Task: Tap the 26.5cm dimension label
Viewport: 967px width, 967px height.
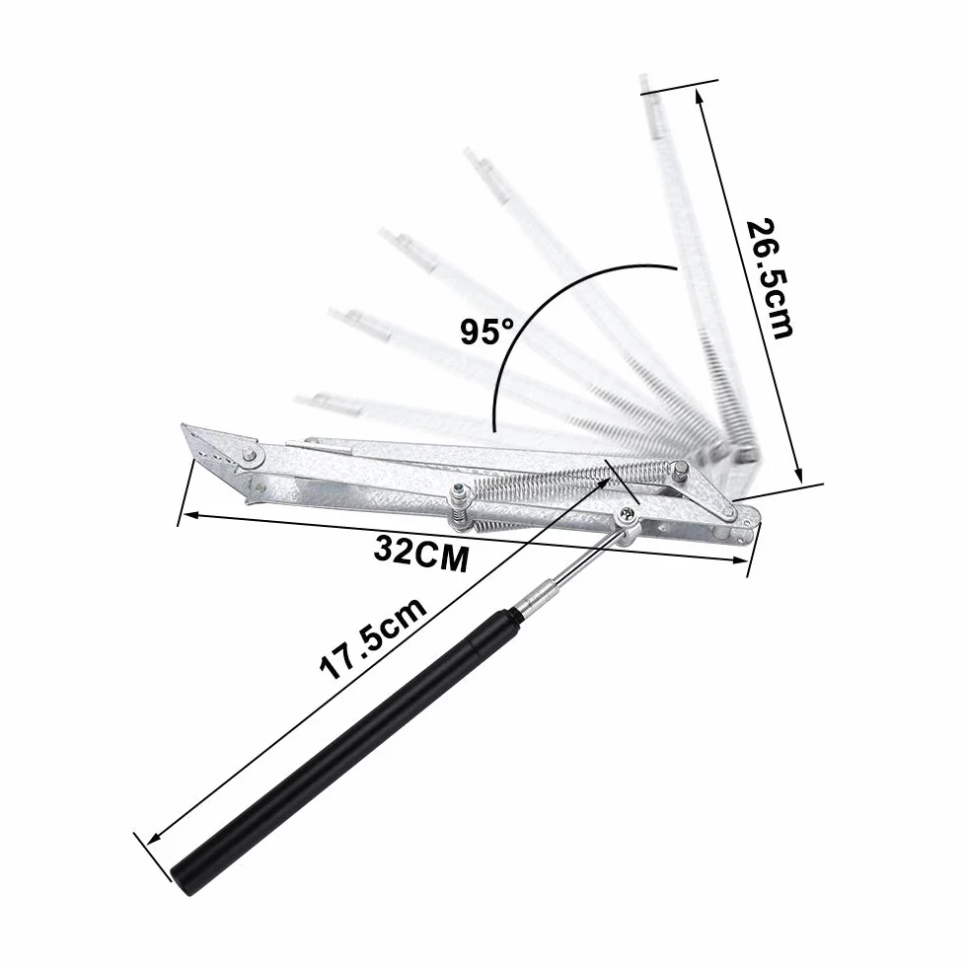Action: click(769, 278)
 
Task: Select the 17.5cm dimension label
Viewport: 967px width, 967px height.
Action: click(373, 637)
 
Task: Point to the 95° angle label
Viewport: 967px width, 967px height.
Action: click(486, 332)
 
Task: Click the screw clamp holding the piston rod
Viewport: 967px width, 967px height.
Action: click(627, 522)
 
